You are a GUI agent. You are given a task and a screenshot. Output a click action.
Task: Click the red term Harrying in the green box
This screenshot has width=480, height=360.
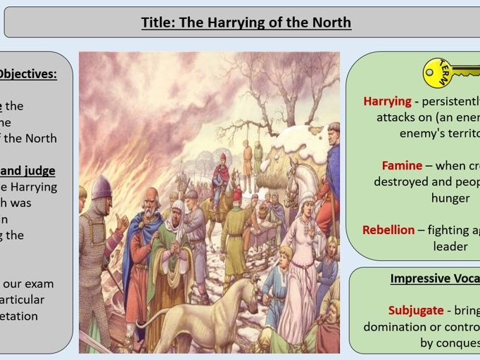pyautogui.click(x=387, y=101)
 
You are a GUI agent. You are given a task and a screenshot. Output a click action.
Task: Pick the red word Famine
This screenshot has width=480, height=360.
pyautogui.click(x=402, y=166)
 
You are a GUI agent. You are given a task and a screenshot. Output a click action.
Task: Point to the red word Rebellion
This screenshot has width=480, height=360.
pyautogui.click(x=389, y=230)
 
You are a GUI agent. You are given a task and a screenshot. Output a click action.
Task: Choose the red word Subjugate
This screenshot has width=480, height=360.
pyautogui.click(x=416, y=310)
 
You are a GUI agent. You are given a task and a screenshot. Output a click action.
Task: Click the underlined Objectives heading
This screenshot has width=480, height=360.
pyautogui.click(x=28, y=74)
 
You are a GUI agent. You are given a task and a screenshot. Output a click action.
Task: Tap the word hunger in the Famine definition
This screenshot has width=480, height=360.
pyautogui.click(x=450, y=198)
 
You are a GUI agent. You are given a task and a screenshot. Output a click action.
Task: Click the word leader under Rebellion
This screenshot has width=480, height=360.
pyautogui.click(x=450, y=246)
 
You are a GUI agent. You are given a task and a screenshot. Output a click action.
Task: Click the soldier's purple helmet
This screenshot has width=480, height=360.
pyautogui.click(x=101, y=187)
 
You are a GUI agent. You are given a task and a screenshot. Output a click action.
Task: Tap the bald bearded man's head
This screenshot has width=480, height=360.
pyautogui.click(x=151, y=199)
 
